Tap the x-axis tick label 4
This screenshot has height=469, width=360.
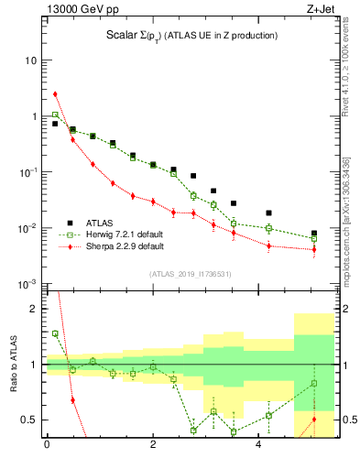pyautogui.click(x=259, y=446)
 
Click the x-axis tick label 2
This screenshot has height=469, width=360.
pyautogui.click(x=153, y=446)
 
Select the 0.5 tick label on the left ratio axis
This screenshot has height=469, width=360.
pyautogui.click(x=29, y=420)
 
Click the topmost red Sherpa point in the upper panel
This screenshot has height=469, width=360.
pyautogui.click(x=55, y=93)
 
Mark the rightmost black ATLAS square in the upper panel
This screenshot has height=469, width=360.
pyautogui.click(x=314, y=234)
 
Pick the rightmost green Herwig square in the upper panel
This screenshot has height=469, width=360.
pyautogui.click(x=314, y=239)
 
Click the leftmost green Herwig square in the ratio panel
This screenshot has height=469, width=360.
pyautogui.click(x=55, y=333)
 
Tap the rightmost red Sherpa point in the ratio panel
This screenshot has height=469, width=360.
pyautogui.click(x=314, y=420)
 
